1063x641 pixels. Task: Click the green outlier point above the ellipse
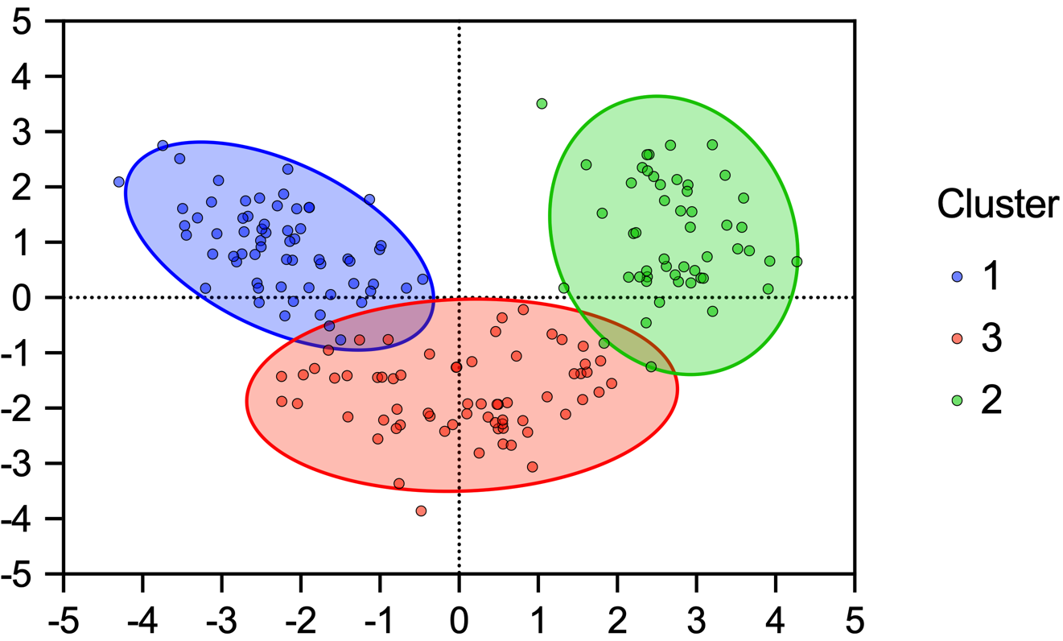point(542,104)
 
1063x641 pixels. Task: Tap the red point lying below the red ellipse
point(421,511)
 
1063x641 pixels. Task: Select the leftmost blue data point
point(119,182)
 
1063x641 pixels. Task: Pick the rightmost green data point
point(797,262)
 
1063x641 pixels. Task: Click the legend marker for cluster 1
point(958,276)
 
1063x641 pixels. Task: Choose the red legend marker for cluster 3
point(958,338)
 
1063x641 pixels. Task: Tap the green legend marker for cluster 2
point(958,400)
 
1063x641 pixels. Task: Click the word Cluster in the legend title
point(997,205)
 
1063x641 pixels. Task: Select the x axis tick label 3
point(696,622)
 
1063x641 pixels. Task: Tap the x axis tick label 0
point(459,622)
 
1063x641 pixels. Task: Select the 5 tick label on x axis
point(855,622)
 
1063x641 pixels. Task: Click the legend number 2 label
point(991,400)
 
